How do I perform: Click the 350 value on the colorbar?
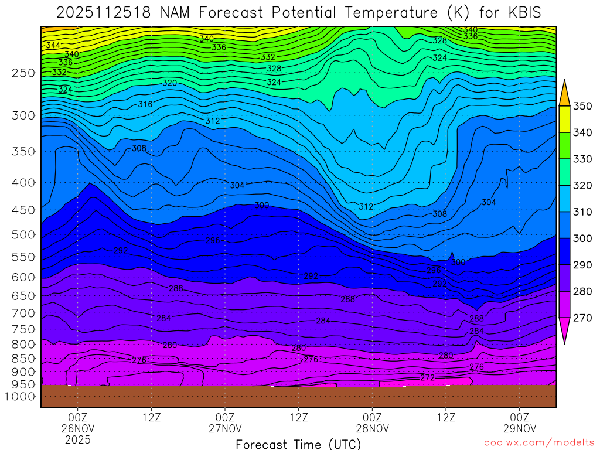coord(584,106)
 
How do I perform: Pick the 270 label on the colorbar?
coord(584,318)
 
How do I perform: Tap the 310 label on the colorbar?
coord(584,212)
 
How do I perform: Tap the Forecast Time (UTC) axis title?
coord(298,444)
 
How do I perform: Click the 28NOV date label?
coord(372,428)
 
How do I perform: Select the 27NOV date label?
coord(225,428)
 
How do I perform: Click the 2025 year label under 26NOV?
coord(78,439)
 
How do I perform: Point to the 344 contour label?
coord(53,45)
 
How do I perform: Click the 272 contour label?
coord(428,378)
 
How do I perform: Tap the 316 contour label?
coord(145,104)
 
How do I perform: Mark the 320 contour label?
coord(169,83)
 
